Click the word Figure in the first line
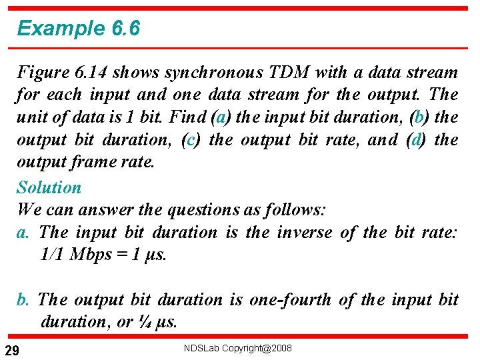[39, 72]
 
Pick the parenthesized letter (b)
[419, 117]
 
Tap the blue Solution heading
[49, 187]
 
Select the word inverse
[303, 232]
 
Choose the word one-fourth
[290, 299]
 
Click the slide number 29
[11, 350]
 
